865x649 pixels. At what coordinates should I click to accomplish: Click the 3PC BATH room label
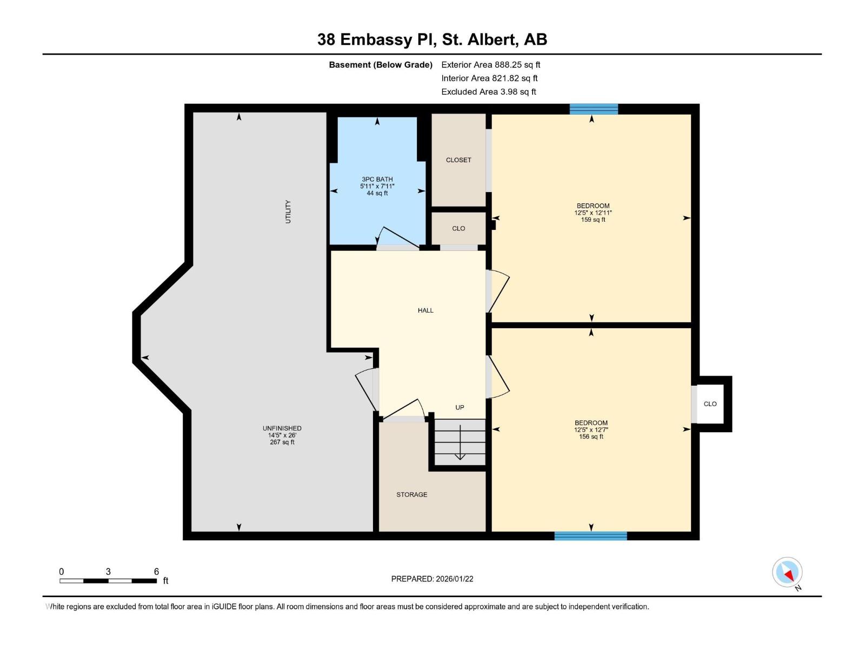point(377,180)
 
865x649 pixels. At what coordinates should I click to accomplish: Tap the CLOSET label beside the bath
point(458,160)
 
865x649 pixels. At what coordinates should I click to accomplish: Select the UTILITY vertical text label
point(288,211)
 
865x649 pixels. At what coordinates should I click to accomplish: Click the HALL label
point(425,310)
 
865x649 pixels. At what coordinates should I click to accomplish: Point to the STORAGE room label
point(411,495)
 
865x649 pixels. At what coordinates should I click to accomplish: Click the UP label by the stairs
point(460,408)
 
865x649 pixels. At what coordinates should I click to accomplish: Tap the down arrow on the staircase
point(460,443)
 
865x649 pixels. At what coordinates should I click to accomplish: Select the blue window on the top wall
point(594,109)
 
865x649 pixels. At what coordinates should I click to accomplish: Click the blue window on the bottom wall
point(590,536)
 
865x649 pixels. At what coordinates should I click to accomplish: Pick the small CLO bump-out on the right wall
point(710,404)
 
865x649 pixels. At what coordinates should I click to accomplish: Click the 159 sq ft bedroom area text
point(593,220)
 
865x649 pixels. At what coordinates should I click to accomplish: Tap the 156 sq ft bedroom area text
point(591,437)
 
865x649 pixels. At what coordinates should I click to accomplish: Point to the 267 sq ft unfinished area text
point(282,442)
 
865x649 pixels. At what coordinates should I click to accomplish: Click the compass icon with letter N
point(788,573)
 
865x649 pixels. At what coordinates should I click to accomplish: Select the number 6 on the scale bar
point(156,572)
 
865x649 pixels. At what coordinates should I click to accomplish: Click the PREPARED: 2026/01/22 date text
point(432,579)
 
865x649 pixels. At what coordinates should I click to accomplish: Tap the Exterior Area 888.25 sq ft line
point(490,65)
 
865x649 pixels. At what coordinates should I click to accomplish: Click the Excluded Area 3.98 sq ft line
point(488,92)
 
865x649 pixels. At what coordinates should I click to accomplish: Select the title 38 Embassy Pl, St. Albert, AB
point(432,39)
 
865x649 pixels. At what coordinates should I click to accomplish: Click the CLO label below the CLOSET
point(458,229)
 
